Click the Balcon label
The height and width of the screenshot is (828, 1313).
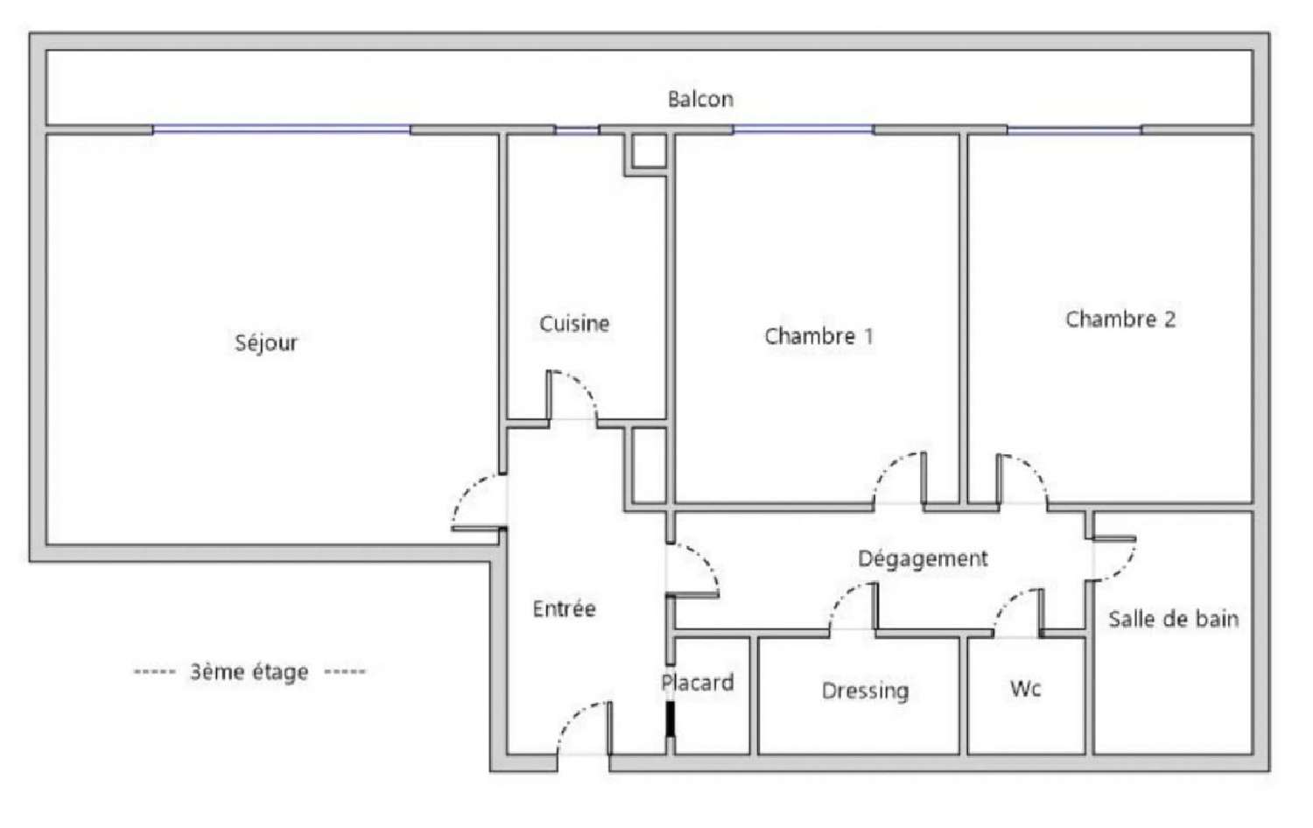(700, 99)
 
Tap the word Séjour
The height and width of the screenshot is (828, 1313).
(266, 343)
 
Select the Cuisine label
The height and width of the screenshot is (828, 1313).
(574, 324)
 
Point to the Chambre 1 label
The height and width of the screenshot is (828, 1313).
(818, 336)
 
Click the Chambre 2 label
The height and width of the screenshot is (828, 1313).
(1120, 319)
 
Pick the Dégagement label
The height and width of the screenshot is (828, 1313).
(923, 559)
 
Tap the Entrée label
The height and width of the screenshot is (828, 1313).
(565, 609)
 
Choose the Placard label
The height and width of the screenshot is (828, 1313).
(698, 683)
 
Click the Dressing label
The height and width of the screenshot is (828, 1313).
(865, 691)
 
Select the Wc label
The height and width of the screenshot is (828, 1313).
(1025, 689)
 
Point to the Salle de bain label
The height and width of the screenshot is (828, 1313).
(1174, 620)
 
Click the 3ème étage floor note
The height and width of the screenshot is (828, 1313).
(249, 672)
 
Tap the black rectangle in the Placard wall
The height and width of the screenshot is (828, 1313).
(671, 719)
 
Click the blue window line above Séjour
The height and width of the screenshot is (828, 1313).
(281, 129)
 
